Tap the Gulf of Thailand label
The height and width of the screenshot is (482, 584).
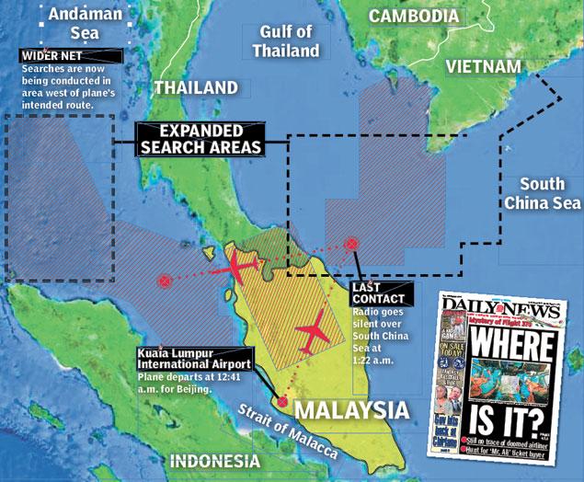287,41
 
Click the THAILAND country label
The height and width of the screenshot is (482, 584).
196,87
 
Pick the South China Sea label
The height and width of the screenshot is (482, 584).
543,193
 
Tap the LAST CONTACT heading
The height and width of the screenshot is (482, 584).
378,294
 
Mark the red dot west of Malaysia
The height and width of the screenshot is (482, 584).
166,281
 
